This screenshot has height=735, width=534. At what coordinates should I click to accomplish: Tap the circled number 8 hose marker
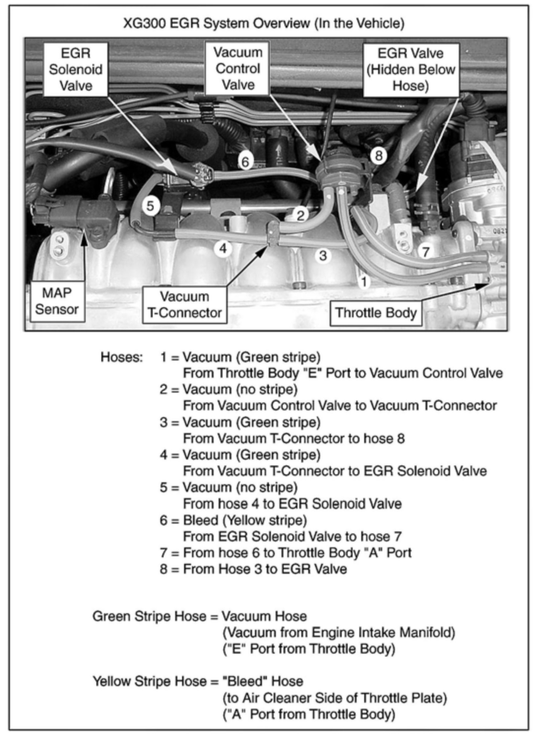point(378,155)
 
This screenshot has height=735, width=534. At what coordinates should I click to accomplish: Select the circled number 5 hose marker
point(150,206)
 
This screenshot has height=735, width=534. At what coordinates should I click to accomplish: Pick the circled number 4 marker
point(223,249)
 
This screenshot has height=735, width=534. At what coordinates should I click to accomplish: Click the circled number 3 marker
point(323,255)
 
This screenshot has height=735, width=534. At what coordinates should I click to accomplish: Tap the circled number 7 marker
point(425,252)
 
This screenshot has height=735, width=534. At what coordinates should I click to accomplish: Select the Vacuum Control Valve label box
point(238,69)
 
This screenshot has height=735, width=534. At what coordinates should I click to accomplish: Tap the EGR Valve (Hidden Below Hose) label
point(411,70)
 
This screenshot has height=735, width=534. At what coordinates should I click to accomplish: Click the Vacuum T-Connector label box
point(184,305)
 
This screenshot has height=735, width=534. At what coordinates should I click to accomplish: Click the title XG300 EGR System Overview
point(264,24)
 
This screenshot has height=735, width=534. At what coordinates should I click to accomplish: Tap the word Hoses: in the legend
point(122,357)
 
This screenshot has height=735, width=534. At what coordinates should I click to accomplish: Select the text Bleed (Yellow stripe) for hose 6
point(245,520)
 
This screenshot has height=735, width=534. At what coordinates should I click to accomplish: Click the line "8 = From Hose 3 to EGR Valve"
point(253,569)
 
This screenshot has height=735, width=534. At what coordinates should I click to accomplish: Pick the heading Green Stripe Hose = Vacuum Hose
point(200,616)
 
